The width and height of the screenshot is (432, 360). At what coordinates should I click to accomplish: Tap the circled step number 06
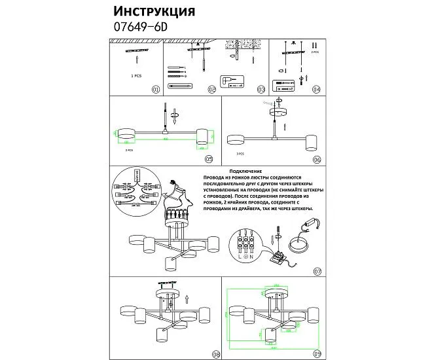(317, 158)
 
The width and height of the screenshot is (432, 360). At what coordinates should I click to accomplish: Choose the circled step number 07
(317, 271)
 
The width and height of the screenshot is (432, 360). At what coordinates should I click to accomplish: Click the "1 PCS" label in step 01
(136, 76)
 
